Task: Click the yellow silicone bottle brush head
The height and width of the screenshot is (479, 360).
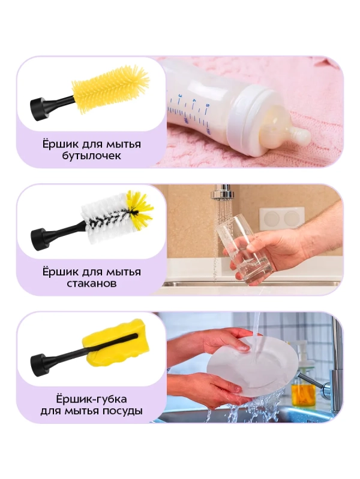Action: coord(111,87)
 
